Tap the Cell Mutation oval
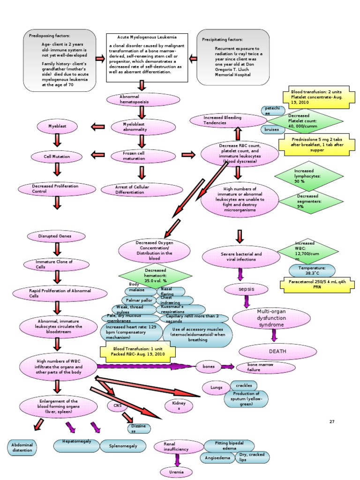[x=57, y=156]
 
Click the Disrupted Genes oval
[x=55, y=236]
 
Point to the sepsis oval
[x=246, y=289]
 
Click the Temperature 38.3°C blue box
[x=308, y=270]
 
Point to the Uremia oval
[x=177, y=472]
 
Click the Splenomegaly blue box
[x=123, y=446]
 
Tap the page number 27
[x=332, y=422]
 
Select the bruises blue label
[x=271, y=129]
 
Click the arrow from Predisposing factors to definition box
[x=100, y=59]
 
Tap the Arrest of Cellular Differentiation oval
[x=135, y=189]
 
